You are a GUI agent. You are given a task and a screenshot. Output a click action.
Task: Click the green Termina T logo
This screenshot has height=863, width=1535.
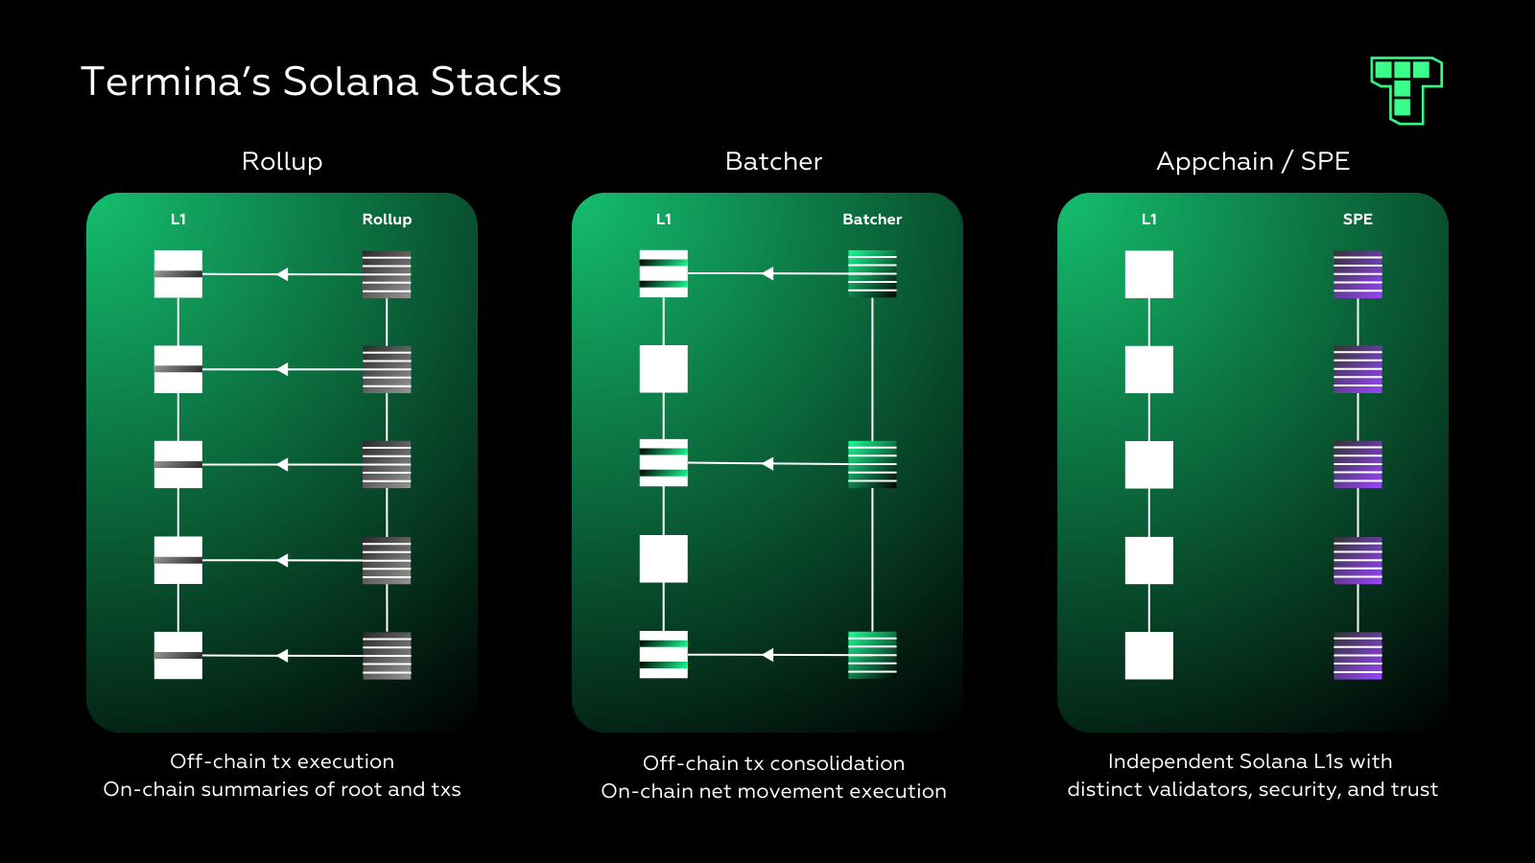[x=1406, y=89]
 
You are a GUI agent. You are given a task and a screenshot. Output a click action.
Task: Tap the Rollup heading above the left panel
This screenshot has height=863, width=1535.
[x=282, y=161]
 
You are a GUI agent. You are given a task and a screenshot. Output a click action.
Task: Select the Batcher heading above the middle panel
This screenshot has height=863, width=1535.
[x=773, y=161]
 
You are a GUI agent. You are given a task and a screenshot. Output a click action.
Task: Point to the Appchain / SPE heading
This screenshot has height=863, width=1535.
[x=1252, y=161]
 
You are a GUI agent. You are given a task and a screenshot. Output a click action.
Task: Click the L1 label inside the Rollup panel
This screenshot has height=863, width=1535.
[x=178, y=220]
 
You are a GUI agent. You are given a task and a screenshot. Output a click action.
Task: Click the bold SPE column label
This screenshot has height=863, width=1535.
[x=1358, y=220]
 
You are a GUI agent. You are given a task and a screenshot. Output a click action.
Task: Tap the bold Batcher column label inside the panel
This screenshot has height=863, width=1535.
[x=872, y=220]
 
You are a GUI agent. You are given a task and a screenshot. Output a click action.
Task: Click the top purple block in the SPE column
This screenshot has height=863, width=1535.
[x=1358, y=274]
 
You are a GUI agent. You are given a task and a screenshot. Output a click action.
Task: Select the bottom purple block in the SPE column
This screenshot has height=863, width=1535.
[x=1358, y=656]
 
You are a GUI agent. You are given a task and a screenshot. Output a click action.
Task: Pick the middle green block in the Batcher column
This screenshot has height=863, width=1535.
[x=872, y=464]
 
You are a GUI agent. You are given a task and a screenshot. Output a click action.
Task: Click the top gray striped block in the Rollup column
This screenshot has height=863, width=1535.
[x=387, y=274]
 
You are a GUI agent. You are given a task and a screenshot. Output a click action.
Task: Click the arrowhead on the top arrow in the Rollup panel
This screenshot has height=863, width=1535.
[x=283, y=274]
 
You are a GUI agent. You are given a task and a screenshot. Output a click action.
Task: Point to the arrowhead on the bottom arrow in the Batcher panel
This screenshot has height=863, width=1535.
[x=767, y=655]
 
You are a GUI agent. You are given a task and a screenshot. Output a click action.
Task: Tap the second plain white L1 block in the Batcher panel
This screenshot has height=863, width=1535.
[x=664, y=559]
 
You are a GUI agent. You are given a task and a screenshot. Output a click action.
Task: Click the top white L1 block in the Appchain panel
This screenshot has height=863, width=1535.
[x=1149, y=274]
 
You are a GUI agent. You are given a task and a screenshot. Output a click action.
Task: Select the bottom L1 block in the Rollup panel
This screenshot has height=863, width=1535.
[x=178, y=656]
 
